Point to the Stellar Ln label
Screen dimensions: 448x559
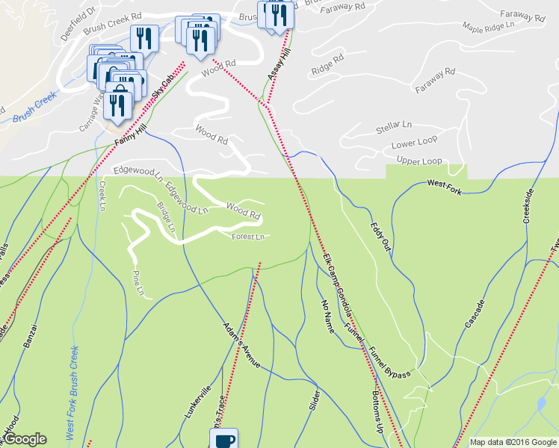pyautogui.click(x=394, y=126)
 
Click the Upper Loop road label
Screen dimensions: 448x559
pyautogui.click(x=419, y=161)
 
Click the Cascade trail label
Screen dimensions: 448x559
pyautogui.click(x=475, y=314)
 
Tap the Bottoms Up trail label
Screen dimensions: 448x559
pyautogui.click(x=377, y=409)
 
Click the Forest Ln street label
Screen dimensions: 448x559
pyautogui.click(x=248, y=237)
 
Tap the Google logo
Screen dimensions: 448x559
pyautogui.click(x=25, y=439)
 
